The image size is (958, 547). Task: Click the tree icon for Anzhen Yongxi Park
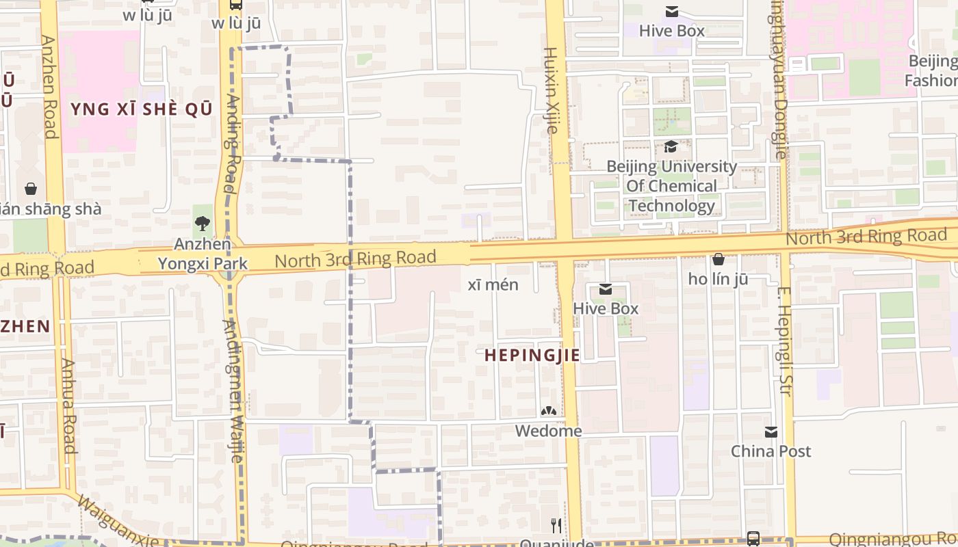point(202,223)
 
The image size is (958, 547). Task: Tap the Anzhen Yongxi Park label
point(203,254)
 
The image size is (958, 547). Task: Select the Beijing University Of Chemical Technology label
point(671,186)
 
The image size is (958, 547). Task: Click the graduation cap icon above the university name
point(671,147)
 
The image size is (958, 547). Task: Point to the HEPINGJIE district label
point(532,356)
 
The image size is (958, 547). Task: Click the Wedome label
point(548,431)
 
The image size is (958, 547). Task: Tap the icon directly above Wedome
point(548,411)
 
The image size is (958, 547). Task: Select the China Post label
point(771,451)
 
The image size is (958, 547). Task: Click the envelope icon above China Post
point(771,432)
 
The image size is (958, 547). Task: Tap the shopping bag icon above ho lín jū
point(718,259)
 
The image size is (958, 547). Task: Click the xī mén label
point(493,284)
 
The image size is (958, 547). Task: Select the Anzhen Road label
point(49,87)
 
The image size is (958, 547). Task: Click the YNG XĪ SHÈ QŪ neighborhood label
point(141,109)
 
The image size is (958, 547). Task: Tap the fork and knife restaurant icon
point(556,525)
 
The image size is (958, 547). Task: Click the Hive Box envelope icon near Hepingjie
point(605,289)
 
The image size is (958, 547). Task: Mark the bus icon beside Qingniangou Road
point(753,537)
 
